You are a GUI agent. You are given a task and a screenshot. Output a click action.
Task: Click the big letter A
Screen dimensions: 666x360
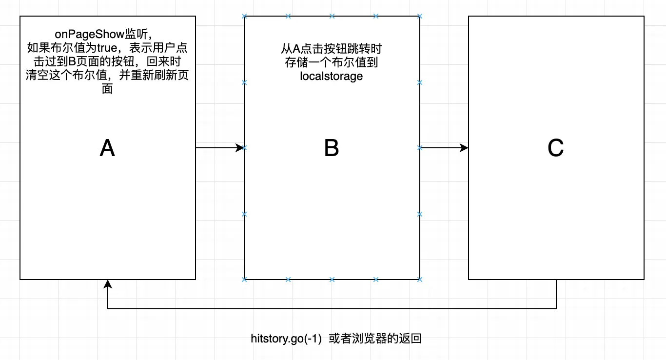(x=107, y=148)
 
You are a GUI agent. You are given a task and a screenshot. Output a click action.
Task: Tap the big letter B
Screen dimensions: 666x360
(x=332, y=148)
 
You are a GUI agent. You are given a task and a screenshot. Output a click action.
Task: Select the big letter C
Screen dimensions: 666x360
(x=556, y=148)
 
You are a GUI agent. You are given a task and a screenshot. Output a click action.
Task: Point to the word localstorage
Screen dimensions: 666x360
(x=332, y=76)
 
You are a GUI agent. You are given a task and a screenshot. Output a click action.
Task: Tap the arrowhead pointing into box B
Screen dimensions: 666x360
(x=240, y=147)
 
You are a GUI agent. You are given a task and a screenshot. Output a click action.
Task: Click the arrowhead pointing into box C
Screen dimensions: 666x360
(x=464, y=147)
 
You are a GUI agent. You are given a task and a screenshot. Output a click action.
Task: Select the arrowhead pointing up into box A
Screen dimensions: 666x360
(x=107, y=284)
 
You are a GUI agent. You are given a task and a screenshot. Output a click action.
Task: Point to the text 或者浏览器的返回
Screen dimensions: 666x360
(x=375, y=339)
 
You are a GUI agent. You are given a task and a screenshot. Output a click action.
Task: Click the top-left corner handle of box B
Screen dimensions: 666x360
(x=244, y=16)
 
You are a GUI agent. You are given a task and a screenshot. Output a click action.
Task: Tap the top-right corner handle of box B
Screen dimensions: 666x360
(x=420, y=16)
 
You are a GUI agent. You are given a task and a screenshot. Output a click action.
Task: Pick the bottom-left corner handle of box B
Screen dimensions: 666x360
(x=244, y=280)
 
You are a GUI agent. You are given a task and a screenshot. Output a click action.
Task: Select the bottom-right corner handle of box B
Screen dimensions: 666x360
(x=420, y=280)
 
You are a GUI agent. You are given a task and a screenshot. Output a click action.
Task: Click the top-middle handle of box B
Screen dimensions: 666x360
(x=332, y=16)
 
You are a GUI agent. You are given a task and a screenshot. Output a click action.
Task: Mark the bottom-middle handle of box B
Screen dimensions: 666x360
(x=332, y=280)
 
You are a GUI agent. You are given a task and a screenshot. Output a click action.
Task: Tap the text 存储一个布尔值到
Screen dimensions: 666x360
(x=332, y=62)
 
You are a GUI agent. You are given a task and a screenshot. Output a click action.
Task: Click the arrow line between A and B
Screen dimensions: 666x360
(x=217, y=147)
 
